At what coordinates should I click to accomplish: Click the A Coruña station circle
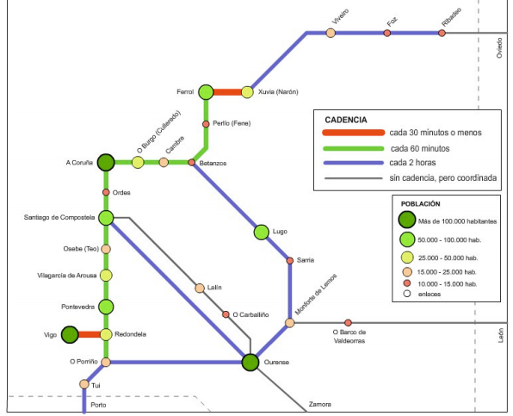[106, 162]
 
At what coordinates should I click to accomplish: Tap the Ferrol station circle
[206, 92]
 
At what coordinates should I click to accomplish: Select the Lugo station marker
[262, 231]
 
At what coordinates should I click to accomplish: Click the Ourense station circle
[250, 363]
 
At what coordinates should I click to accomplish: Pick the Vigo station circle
[69, 334]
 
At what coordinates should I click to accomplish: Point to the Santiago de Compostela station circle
[107, 218]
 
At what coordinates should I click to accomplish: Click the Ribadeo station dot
[442, 33]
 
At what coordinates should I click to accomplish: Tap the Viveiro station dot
[331, 33]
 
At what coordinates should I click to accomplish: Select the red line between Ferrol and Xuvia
[226, 92]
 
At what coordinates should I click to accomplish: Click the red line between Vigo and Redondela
[89, 334]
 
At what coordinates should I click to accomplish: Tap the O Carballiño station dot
[226, 314]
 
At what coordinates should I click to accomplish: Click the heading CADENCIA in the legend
[346, 119]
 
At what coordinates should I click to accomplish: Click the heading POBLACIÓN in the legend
[421, 203]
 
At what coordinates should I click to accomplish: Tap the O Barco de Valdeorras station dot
[348, 323]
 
